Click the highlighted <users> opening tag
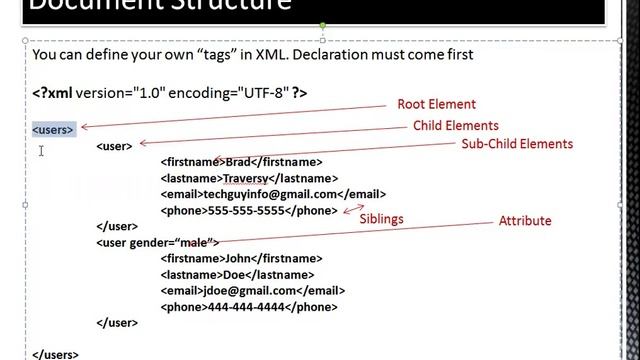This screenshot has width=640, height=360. [53, 129]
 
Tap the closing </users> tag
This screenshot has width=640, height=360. [56, 354]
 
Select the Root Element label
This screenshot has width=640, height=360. [436, 104]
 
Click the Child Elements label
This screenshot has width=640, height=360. [455, 126]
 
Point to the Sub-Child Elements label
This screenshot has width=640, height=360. [516, 144]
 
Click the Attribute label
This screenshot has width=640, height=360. [524, 221]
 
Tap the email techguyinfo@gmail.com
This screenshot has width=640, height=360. [268, 194]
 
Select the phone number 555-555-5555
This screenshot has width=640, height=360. [246, 210]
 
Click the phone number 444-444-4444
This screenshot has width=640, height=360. [246, 307]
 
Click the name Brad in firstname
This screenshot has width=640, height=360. [237, 161]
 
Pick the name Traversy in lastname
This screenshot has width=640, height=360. [245, 178]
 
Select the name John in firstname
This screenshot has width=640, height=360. [239, 259]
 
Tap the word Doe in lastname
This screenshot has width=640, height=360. [233, 275]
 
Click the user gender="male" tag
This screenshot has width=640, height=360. [156, 242]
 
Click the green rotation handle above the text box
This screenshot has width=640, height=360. [321, 25]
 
